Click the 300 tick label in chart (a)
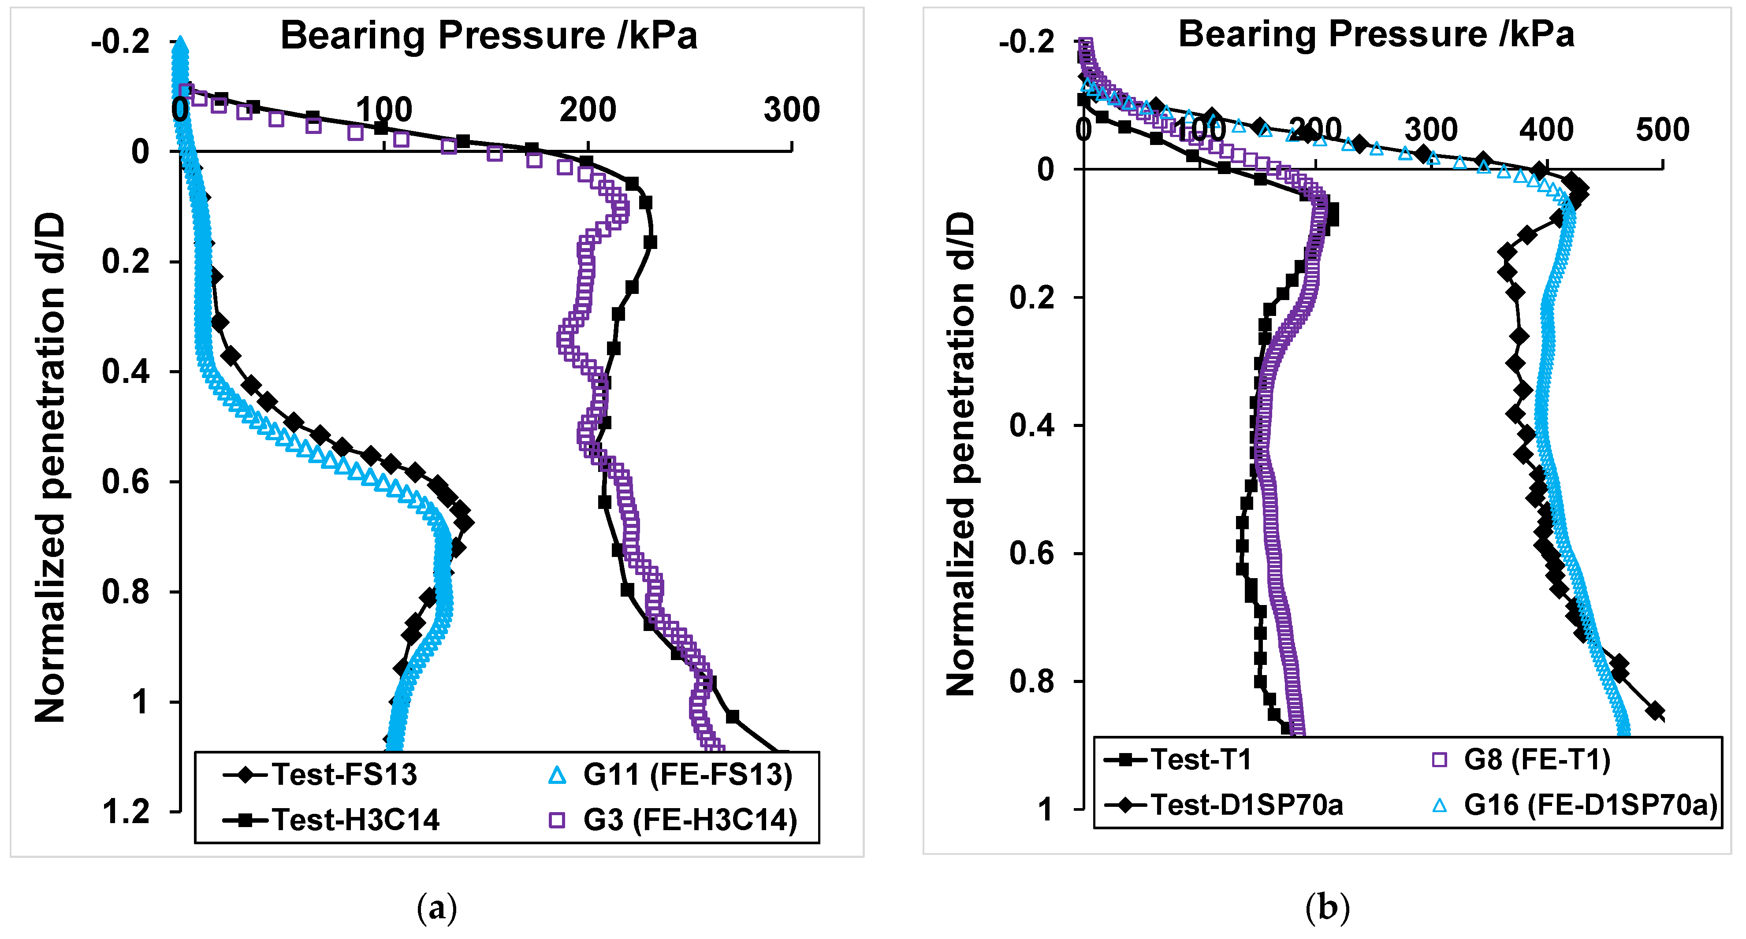coord(791,110)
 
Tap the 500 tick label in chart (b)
coord(1662,130)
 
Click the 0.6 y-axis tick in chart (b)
coord(1031,553)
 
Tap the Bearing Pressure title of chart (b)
coord(1376,34)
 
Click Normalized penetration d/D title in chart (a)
coord(50,468)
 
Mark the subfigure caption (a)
coord(437,908)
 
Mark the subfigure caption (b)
coord(1327,908)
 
